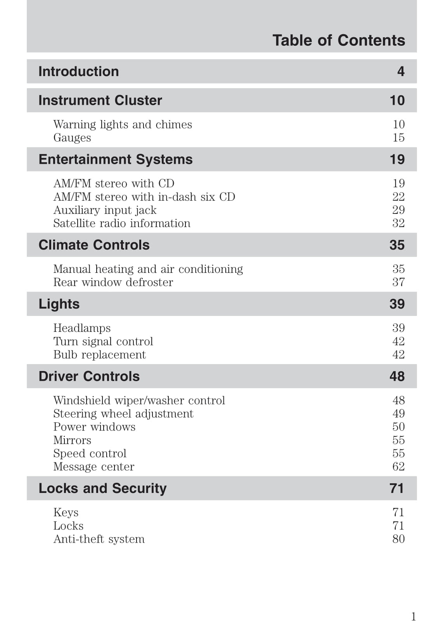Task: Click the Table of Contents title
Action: point(338,40)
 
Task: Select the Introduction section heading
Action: point(79,71)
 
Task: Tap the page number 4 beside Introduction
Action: point(401,71)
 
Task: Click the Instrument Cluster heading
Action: point(100,101)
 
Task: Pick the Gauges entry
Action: point(72,138)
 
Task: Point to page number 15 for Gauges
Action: point(398,138)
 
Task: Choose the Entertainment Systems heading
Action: point(116,160)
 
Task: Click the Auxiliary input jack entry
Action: point(105,210)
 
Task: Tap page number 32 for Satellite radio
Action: point(398,223)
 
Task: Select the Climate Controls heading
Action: point(94,245)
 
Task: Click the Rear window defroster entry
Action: point(113,282)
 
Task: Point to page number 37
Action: point(398,282)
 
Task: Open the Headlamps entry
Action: point(82,328)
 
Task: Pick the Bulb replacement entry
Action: point(99,355)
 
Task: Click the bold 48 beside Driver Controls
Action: point(397,377)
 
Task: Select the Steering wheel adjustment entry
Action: point(123,414)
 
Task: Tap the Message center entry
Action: point(93,467)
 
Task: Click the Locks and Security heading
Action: point(102,488)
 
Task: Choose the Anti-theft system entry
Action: point(99,539)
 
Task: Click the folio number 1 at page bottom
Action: point(414,617)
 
